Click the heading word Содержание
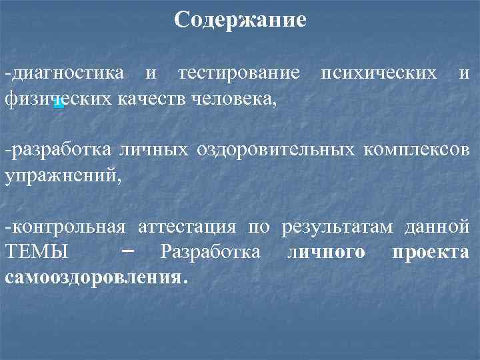click(x=240, y=20)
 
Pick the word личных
click(x=154, y=150)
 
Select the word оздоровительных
click(x=275, y=150)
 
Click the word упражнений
click(x=63, y=177)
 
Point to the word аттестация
click(x=188, y=227)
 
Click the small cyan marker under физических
click(x=59, y=103)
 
